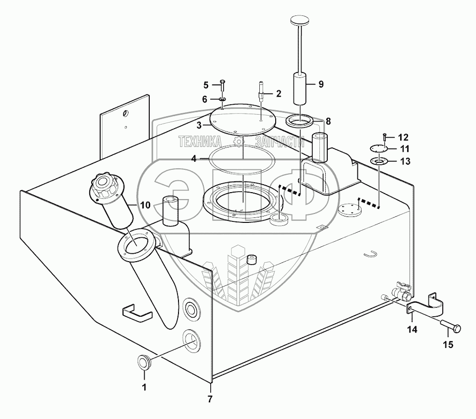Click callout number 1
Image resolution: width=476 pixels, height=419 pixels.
(145, 388)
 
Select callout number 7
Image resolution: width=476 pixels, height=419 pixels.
(210, 398)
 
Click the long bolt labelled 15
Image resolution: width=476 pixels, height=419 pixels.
(449, 328)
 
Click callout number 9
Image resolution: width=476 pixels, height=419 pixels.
(321, 84)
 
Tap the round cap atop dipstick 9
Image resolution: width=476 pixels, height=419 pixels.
(299, 22)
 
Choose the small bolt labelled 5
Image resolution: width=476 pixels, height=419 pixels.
(222, 85)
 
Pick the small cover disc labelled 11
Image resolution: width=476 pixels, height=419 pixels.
(379, 148)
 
